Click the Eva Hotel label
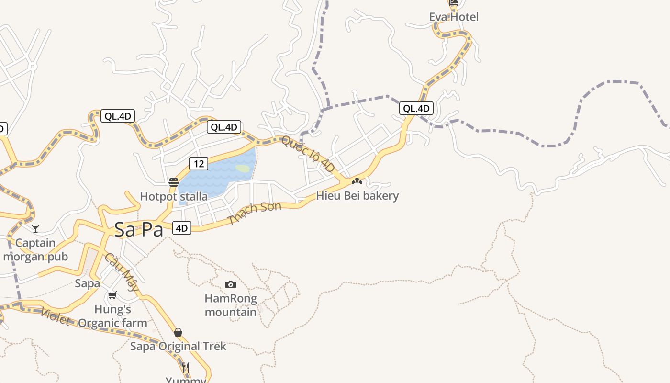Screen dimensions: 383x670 454,17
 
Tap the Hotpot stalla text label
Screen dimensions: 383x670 174,196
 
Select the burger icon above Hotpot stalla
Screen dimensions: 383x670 174,182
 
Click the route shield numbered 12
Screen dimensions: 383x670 199,164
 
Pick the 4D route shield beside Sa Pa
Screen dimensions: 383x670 181,228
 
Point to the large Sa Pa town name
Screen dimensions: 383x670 139,230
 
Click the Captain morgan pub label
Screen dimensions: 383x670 35,249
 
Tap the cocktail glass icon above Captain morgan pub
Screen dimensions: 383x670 35,229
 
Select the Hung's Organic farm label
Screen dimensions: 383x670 113,316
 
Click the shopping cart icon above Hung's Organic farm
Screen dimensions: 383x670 112,295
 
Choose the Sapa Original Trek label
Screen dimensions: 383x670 178,346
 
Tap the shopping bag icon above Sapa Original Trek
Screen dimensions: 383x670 178,332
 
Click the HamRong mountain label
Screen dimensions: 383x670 231,305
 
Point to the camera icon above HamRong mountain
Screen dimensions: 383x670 231,285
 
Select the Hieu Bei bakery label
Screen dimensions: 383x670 357,196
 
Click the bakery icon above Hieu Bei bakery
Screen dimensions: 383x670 357,181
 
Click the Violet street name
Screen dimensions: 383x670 55,316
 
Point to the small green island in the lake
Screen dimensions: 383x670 243,169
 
